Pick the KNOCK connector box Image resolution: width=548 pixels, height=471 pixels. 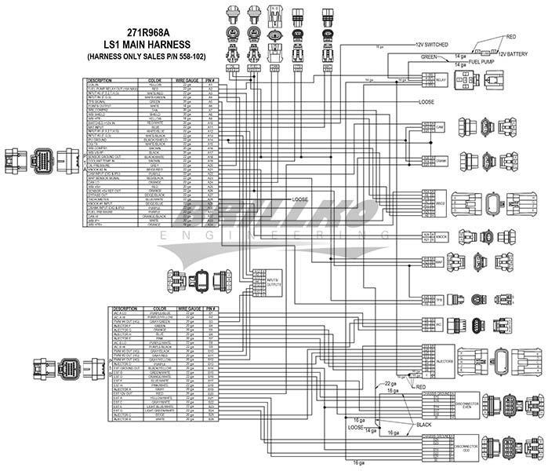(434, 235)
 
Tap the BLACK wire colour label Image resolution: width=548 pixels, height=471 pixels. (424, 425)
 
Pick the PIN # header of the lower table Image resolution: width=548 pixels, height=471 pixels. (210, 309)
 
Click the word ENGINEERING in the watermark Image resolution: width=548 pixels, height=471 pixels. (274, 234)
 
